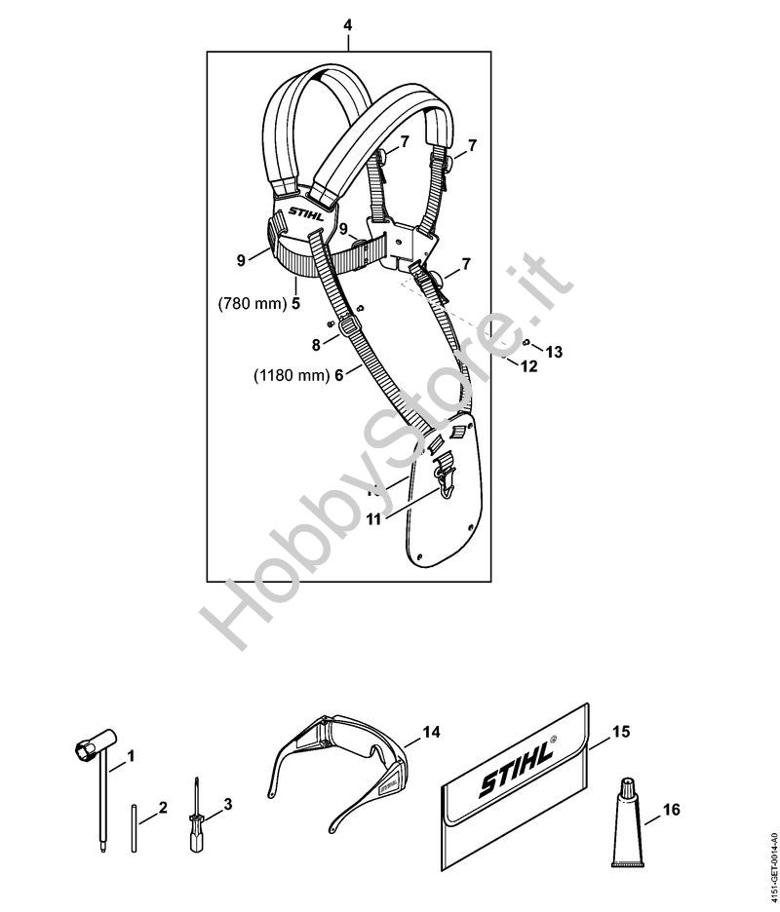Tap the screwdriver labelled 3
click(x=192, y=822)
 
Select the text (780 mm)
click(x=250, y=303)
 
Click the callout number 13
click(x=554, y=352)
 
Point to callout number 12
click(x=528, y=366)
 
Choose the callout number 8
click(x=315, y=344)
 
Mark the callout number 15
click(x=621, y=730)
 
